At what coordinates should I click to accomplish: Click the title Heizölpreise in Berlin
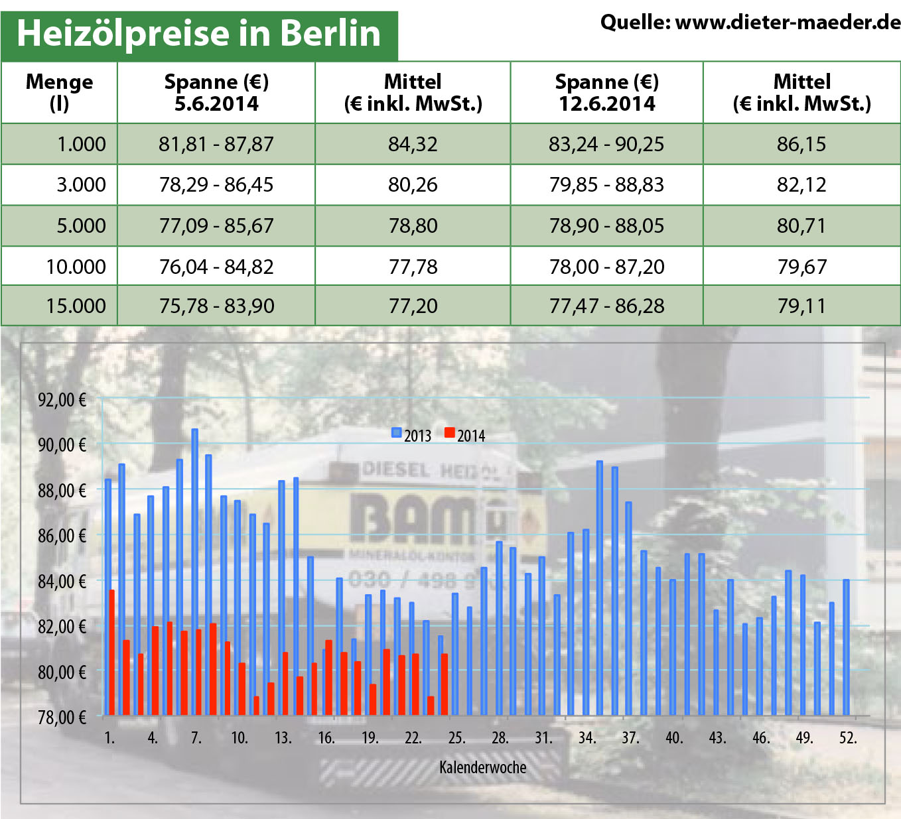coord(198,33)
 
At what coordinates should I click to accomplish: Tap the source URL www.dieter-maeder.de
coord(788,23)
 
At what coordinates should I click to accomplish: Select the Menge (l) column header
coord(59,92)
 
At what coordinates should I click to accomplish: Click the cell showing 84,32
coord(413,144)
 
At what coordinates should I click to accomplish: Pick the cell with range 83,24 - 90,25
coord(606,144)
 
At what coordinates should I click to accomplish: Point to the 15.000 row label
coord(76,306)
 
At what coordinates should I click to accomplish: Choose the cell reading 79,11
coord(801,306)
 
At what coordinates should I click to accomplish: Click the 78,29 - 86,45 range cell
coord(216,184)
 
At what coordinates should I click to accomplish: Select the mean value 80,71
coord(801,225)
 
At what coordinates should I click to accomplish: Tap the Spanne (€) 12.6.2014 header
coord(606,92)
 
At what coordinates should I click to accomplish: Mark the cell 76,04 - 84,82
coord(216,267)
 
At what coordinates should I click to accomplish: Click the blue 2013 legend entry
coord(411,435)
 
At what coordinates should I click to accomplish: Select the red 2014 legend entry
coord(465,435)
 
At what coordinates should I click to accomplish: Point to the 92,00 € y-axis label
coord(62,400)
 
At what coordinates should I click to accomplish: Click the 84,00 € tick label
coord(62,582)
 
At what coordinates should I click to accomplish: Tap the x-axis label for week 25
coord(456,737)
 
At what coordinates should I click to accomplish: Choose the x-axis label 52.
coord(848,737)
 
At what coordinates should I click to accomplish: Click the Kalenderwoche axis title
coord(482,767)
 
